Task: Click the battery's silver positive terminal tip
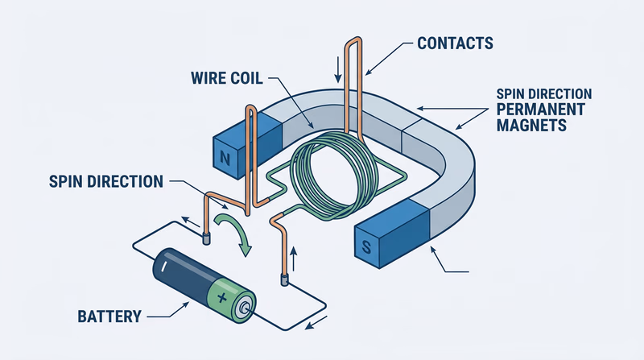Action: tap(245, 307)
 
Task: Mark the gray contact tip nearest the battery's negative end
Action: tap(206, 238)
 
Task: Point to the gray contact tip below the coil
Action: tap(283, 279)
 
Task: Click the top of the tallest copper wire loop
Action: tap(356, 39)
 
